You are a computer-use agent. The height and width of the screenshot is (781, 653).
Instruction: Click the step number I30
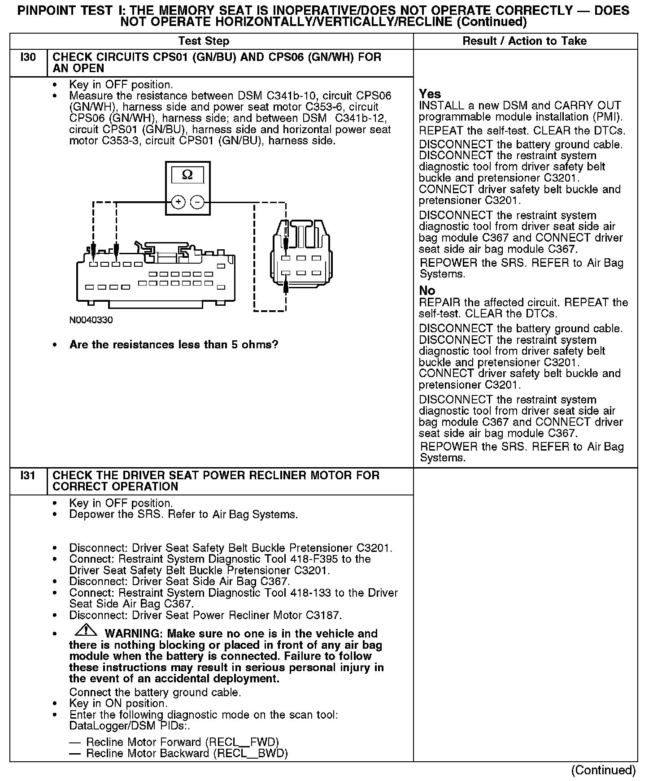pos(28,57)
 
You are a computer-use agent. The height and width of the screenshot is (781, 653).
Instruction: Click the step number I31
pos(28,476)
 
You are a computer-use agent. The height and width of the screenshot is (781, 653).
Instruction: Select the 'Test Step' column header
pos(204,41)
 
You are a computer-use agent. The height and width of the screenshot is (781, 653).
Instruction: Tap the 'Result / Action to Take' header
pos(524,41)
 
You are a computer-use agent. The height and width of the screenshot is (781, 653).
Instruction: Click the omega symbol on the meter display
pos(187,175)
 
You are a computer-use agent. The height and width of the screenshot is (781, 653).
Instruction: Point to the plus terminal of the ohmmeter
pos(178,203)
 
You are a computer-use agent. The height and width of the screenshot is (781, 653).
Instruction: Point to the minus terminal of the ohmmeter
pos(197,203)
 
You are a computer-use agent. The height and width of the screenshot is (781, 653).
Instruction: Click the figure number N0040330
pos(91,320)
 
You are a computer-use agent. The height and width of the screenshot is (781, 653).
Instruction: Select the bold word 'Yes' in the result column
pos(430,94)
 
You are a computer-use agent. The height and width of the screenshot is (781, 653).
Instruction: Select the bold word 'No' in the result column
pos(427,291)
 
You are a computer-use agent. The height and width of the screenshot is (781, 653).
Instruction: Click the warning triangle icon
pos(86,630)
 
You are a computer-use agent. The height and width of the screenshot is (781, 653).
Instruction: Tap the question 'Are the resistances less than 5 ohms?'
pos(174,345)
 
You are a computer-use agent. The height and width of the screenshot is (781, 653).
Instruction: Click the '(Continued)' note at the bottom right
pos(603,770)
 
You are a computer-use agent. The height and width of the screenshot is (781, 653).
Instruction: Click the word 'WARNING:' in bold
pos(134,634)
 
